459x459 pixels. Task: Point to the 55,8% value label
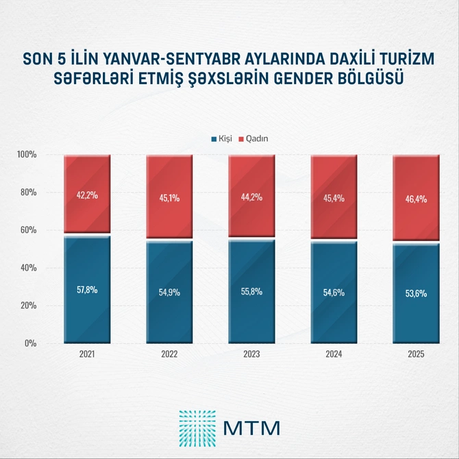pyautogui.click(x=251, y=290)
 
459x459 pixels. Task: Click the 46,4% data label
pyautogui.click(x=416, y=199)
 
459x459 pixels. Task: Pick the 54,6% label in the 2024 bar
pyautogui.click(x=334, y=293)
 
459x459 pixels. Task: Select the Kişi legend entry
pyautogui.click(x=221, y=138)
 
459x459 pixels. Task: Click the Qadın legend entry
pyautogui.click(x=253, y=138)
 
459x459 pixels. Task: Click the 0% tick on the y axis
pyautogui.click(x=30, y=343)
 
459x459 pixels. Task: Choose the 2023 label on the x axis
pyautogui.click(x=251, y=355)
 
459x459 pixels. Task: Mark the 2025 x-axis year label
pyautogui.click(x=416, y=355)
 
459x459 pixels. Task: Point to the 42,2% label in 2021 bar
pyautogui.click(x=87, y=195)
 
